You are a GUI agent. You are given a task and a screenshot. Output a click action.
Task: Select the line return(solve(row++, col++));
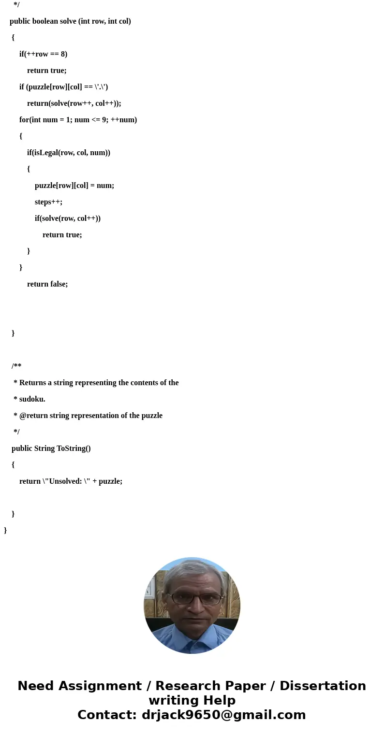point(74,103)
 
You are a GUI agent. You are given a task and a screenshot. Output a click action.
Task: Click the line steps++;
point(48,202)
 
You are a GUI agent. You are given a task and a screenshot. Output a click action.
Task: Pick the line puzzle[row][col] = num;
point(74,186)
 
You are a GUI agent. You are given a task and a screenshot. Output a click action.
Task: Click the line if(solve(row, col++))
point(68,218)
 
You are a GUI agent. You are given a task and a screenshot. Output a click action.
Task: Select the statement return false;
point(47,284)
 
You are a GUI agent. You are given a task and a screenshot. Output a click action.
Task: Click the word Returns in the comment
point(35,383)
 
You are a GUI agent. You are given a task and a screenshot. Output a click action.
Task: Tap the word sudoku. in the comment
point(32,399)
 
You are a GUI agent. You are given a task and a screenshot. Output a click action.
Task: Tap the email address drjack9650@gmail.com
point(223,715)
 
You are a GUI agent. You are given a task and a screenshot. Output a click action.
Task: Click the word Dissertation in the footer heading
point(323,686)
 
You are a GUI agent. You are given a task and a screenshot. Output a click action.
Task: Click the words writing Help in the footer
point(192,701)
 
